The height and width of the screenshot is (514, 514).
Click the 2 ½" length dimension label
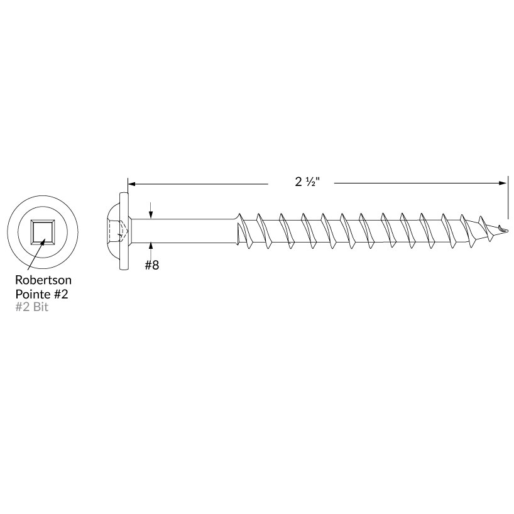[x=307, y=182]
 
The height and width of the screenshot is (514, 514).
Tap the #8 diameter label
[x=152, y=265]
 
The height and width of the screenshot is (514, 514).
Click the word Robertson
[x=43, y=280]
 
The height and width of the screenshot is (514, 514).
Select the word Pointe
[x=33, y=294]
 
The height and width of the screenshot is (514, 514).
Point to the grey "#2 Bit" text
[x=32, y=307]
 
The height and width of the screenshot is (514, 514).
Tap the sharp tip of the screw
[x=508, y=230]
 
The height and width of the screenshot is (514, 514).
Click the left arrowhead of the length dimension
[x=131, y=184]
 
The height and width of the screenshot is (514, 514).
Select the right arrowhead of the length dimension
[x=503, y=183]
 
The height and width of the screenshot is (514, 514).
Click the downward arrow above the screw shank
[x=150, y=210]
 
